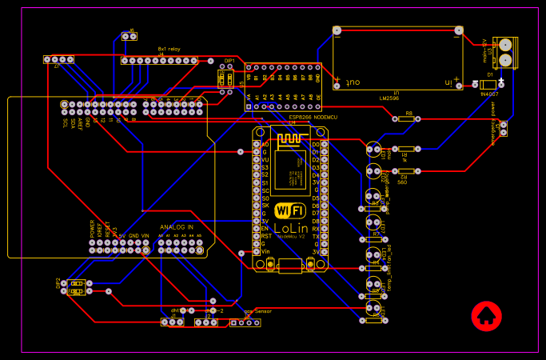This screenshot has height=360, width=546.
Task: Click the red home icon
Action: (485, 315)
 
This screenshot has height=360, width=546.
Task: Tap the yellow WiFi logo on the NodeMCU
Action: (289, 210)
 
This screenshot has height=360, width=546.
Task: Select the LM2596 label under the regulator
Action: (390, 99)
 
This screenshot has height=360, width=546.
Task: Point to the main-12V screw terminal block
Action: (506, 52)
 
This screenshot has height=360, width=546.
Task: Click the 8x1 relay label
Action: (169, 49)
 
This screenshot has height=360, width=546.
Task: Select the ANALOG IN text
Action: (177, 227)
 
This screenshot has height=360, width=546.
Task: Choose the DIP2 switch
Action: (77, 287)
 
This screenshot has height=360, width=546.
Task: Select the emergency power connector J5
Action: (503, 128)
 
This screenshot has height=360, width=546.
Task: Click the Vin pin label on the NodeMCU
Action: (265, 251)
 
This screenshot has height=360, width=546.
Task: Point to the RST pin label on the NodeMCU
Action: (265, 236)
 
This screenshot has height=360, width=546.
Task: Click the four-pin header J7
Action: (58, 60)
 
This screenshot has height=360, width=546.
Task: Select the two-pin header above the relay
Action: (130, 35)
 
